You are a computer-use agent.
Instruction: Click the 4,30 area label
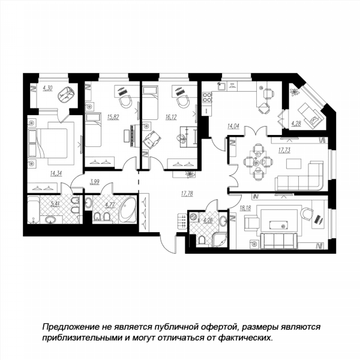(x=47, y=88)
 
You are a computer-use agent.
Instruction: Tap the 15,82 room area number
(x=113, y=117)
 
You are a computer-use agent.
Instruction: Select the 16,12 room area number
(x=171, y=118)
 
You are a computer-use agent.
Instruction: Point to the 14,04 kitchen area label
(x=233, y=126)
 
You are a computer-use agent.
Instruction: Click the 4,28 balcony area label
(x=296, y=124)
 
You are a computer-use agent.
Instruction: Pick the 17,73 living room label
(x=284, y=150)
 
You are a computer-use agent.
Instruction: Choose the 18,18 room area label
(x=245, y=208)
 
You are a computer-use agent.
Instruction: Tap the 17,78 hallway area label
(x=187, y=194)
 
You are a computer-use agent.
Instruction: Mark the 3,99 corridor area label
(x=95, y=182)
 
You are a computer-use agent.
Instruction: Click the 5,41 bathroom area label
(x=55, y=203)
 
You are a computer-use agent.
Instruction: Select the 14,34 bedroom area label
(x=56, y=173)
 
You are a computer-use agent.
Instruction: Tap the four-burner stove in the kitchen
(x=207, y=97)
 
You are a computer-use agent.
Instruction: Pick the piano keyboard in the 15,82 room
(x=132, y=136)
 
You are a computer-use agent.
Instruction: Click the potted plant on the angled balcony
(x=295, y=92)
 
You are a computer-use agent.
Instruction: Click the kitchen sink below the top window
(x=222, y=86)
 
